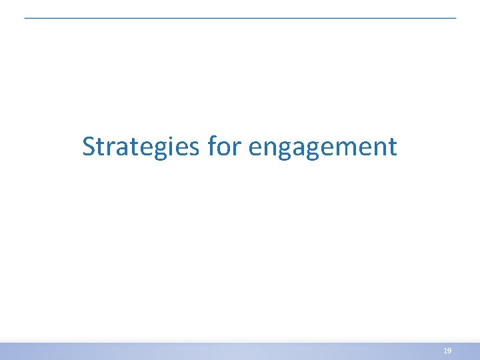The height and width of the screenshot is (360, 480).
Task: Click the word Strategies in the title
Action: pyautogui.click(x=141, y=147)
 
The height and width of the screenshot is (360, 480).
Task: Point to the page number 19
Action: pyautogui.click(x=447, y=350)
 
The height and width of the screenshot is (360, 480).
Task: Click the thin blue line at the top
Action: pyautogui.click(x=240, y=18)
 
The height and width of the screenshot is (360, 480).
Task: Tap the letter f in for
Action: pyautogui.click(x=211, y=146)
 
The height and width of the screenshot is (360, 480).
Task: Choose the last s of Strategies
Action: pyautogui.click(x=194, y=149)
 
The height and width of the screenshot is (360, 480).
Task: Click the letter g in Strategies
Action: pyautogui.click(x=153, y=150)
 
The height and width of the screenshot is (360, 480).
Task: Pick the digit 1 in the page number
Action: pyautogui.click(x=445, y=350)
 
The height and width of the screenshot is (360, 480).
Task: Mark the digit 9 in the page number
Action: pyautogui.click(x=449, y=350)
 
